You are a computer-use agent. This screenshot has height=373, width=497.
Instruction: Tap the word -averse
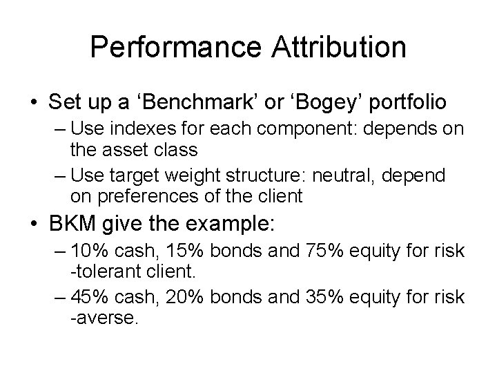click(x=99, y=318)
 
